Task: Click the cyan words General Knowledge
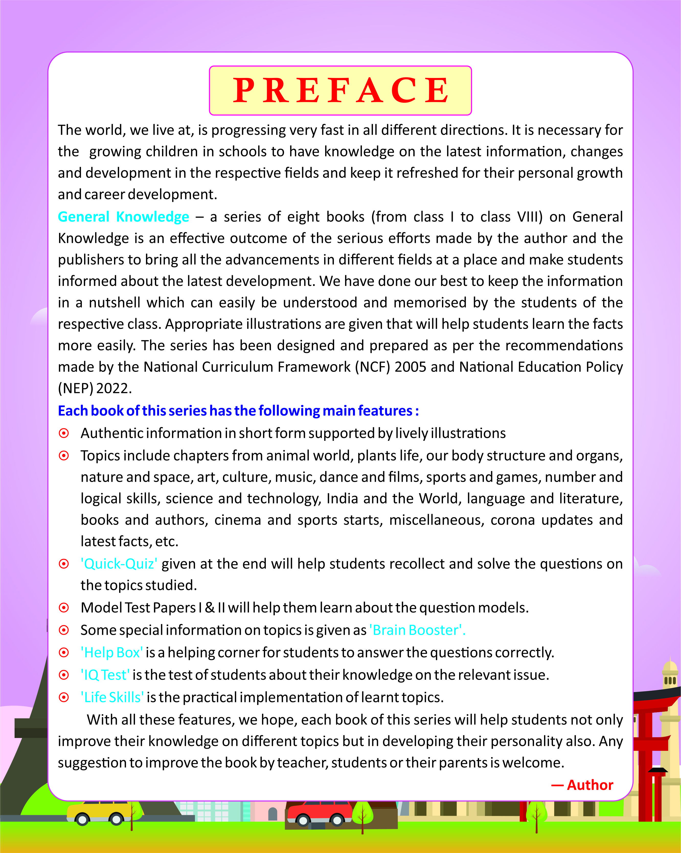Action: pyautogui.click(x=123, y=217)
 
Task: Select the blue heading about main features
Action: pyautogui.click(x=238, y=411)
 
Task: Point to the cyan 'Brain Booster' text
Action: pyautogui.click(x=417, y=630)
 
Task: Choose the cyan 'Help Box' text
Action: pyautogui.click(x=112, y=652)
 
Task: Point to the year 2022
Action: pyautogui.click(x=113, y=388)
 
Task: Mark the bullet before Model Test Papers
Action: pyautogui.click(x=64, y=608)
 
